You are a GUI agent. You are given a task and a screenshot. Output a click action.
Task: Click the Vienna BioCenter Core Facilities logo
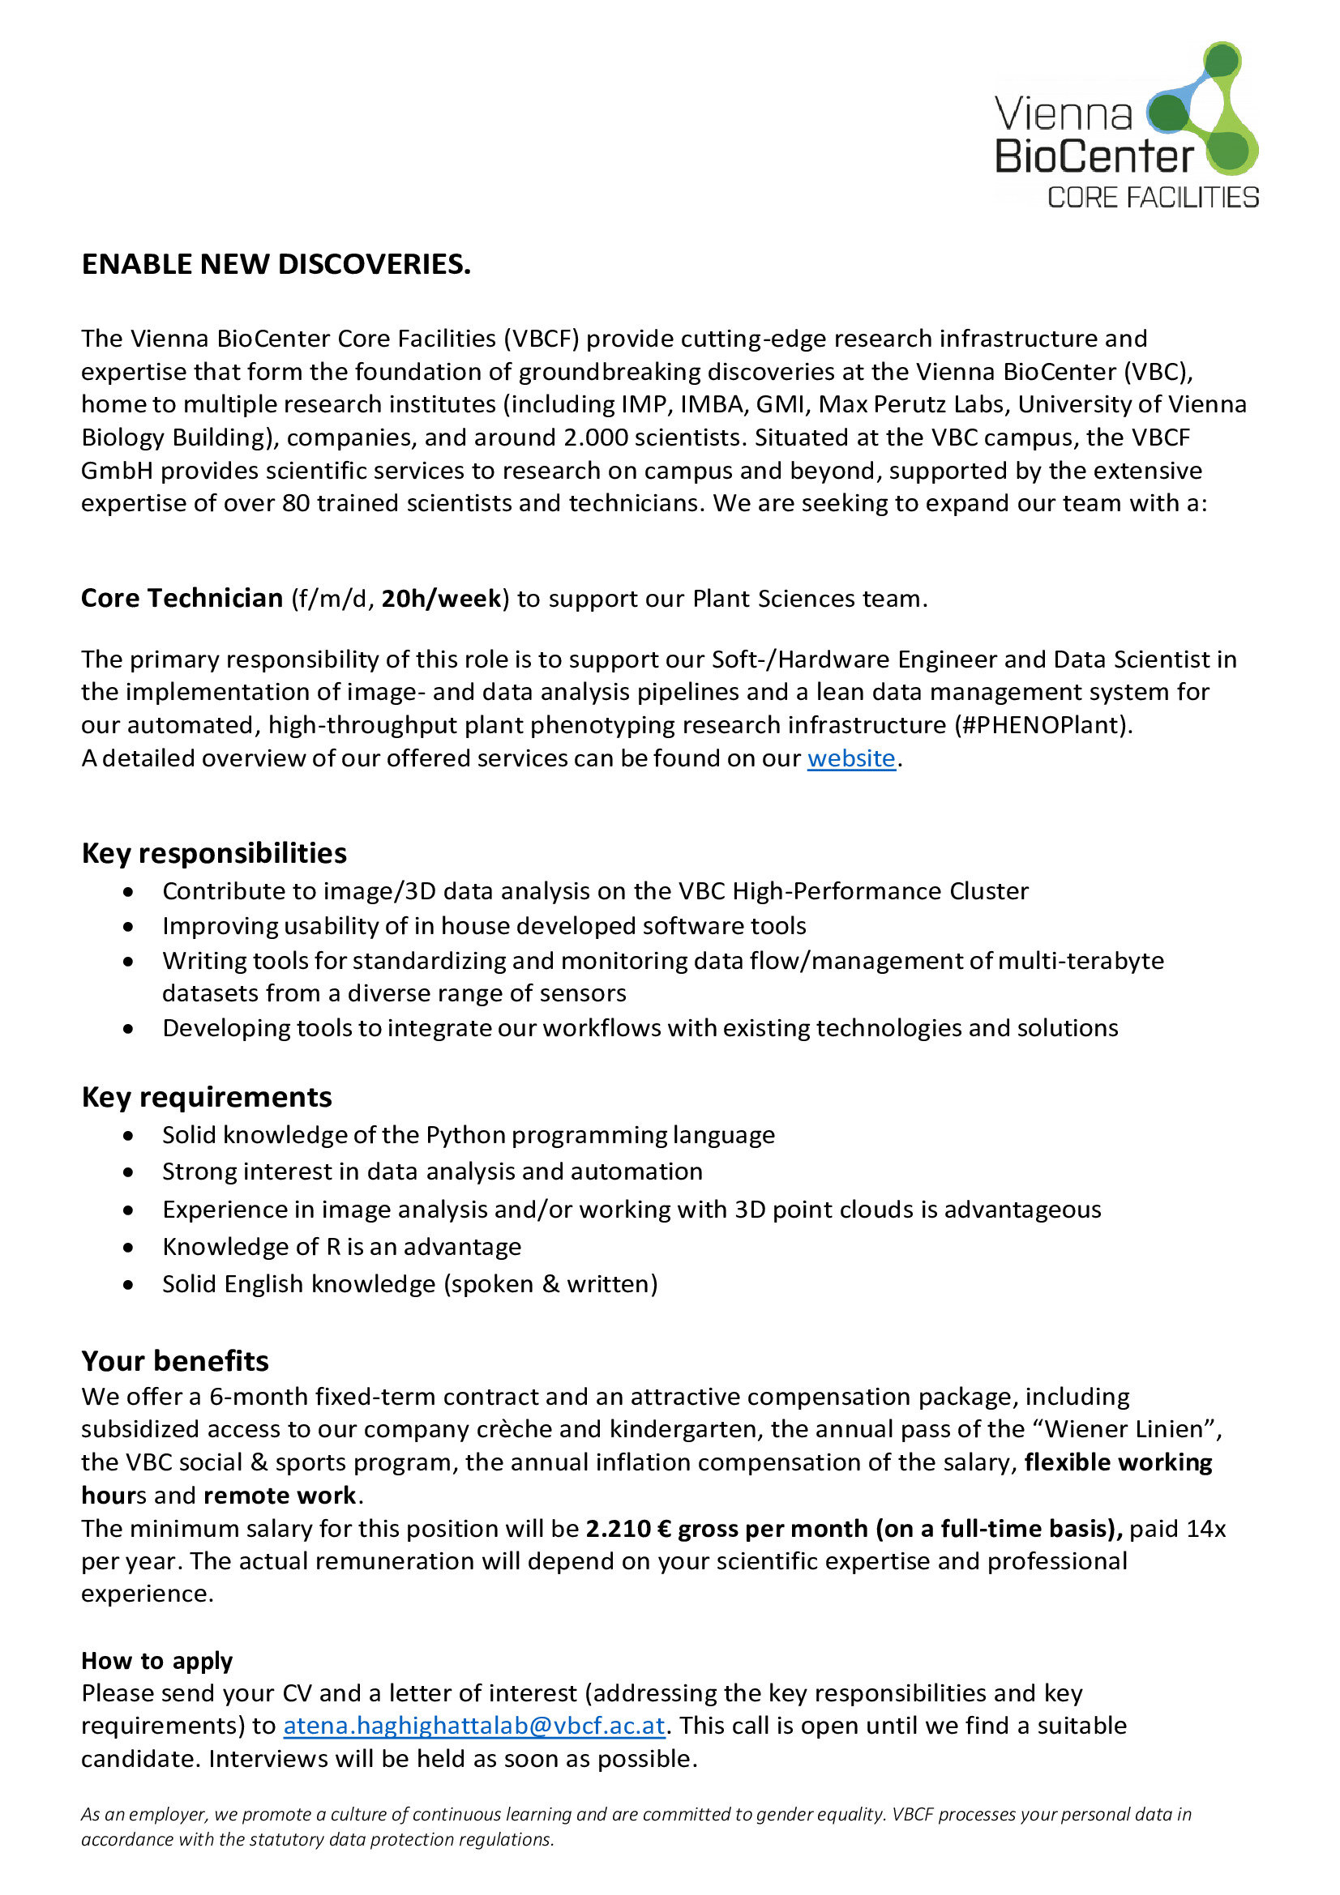[1126, 126]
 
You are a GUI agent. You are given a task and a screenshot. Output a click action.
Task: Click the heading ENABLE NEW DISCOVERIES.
[276, 264]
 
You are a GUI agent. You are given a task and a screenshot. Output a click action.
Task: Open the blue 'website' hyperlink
[850, 758]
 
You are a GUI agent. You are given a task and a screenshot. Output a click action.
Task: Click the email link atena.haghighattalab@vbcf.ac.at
[474, 1726]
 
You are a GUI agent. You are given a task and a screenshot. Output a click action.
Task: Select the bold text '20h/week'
[441, 599]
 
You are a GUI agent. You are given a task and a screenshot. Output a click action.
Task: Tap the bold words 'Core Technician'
[182, 599]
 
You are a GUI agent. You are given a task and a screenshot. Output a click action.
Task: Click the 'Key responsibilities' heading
[214, 853]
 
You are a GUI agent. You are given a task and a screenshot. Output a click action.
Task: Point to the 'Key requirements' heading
[207, 1097]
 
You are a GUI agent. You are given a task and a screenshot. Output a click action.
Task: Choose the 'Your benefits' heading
[175, 1361]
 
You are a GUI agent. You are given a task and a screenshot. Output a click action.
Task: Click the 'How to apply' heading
[157, 1661]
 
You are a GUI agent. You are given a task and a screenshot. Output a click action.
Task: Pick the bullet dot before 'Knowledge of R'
[128, 1247]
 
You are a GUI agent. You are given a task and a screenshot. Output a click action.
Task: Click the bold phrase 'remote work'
[280, 1496]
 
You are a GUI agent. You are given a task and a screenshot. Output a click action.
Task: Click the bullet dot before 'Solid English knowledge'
[128, 1284]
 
